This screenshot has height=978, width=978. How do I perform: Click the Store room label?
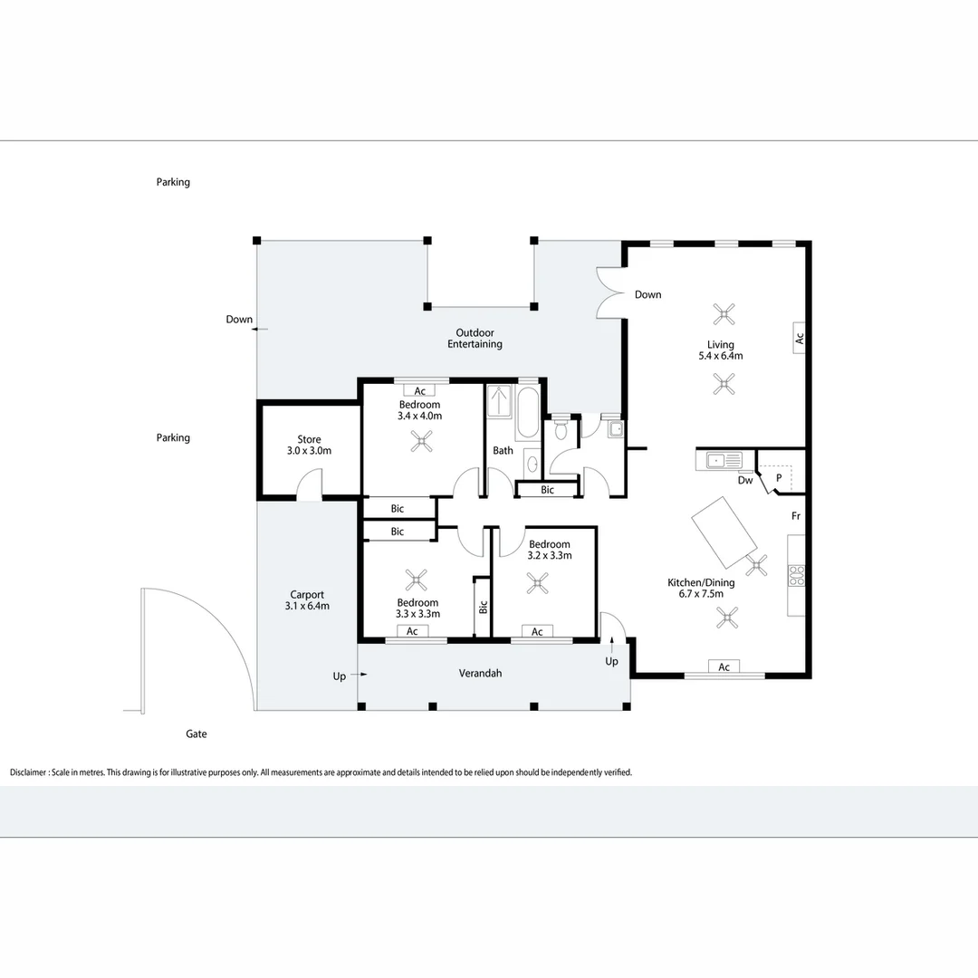click(309, 440)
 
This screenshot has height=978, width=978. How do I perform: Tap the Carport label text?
click(307, 595)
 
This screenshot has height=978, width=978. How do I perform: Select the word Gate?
click(197, 734)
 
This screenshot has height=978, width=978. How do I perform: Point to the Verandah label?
click(480, 673)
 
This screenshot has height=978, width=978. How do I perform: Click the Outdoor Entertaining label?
click(475, 339)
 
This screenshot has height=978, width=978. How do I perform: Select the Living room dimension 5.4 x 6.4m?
click(721, 356)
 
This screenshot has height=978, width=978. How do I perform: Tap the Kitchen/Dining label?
click(701, 582)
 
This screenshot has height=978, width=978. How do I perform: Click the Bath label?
click(503, 450)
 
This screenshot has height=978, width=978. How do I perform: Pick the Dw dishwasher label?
click(745, 481)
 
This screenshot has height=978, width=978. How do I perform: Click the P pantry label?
click(778, 476)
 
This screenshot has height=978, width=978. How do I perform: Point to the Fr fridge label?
click(795, 516)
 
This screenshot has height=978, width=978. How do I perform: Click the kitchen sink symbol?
click(724, 460)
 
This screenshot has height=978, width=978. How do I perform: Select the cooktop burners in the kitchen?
click(796, 575)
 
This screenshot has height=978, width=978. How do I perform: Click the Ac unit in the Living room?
click(800, 337)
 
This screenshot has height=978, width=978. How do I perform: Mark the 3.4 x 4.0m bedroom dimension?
click(419, 417)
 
